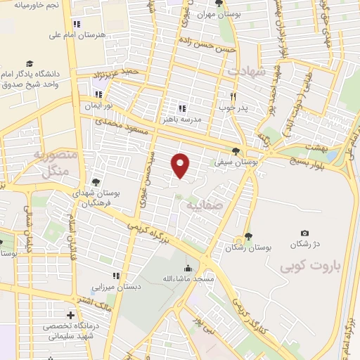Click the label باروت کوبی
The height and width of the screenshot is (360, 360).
coord(310,267)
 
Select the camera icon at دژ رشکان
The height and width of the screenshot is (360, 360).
coord(304,233)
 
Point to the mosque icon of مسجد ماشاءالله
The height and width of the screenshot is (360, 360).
coord(187,269)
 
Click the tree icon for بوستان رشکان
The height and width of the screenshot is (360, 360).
coord(247,236)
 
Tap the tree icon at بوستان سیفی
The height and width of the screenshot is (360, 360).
coord(236,151)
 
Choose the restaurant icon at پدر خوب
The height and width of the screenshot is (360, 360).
coord(233,96)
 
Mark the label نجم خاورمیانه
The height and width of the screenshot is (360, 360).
coord(56,5)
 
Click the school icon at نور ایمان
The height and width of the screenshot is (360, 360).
coord(98,94)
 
